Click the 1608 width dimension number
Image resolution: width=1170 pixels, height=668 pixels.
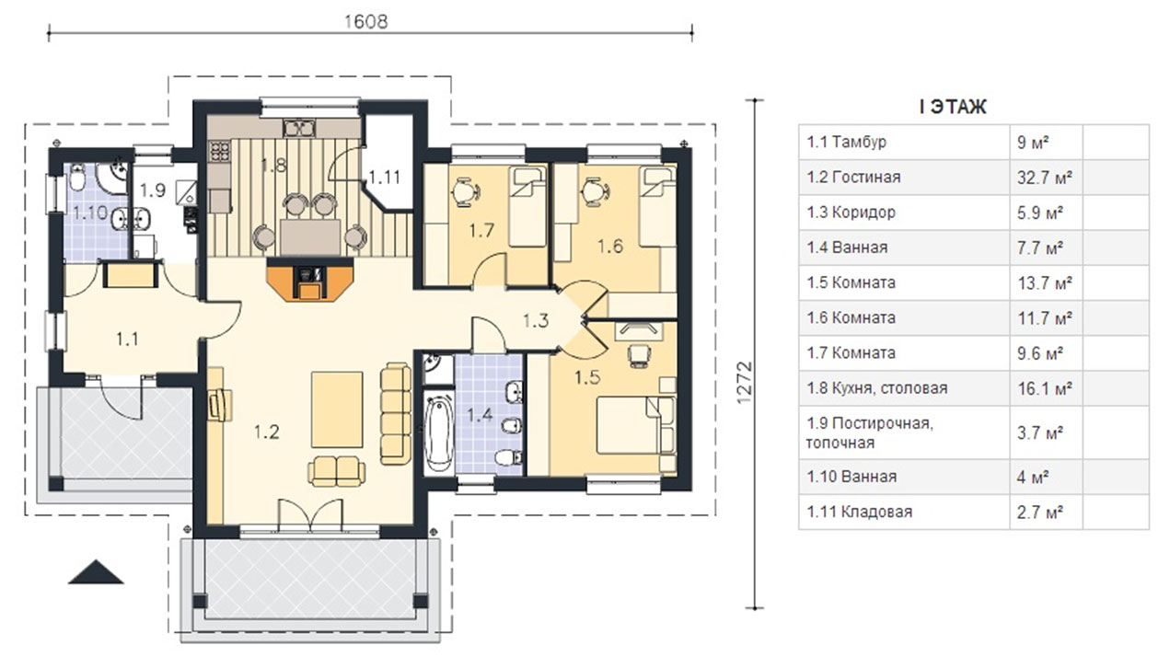point(366,21)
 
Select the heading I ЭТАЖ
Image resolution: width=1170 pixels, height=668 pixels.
point(953,107)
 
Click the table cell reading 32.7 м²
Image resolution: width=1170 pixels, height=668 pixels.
point(1045,178)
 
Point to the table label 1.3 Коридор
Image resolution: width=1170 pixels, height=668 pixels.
point(851,213)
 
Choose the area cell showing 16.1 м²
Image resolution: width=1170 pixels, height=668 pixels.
point(1045,388)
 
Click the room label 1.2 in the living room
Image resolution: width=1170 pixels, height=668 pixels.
point(266,432)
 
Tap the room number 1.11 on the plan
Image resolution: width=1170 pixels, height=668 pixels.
point(385,178)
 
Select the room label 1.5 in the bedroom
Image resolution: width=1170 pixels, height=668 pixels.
point(587,377)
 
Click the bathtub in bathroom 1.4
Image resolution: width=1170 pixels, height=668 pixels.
point(437,433)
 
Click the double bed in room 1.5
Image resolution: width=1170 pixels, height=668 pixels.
point(635,425)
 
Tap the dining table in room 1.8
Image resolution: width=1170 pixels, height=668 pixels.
point(310,237)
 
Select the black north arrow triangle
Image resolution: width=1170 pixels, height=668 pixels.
point(96,572)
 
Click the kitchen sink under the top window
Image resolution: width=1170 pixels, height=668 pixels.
point(299,128)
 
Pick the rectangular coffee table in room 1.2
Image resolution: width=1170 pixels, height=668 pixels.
point(337,409)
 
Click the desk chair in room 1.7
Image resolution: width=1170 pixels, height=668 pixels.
point(465,192)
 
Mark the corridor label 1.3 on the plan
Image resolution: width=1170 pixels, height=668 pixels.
point(536,320)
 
